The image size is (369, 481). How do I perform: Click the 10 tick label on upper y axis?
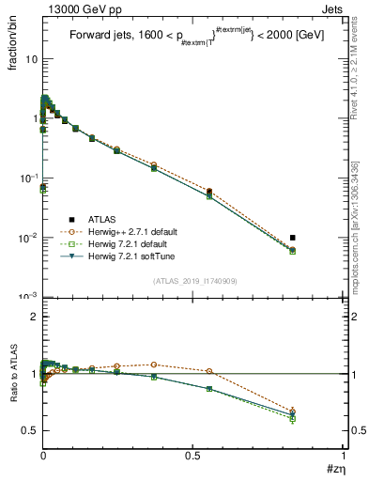31,59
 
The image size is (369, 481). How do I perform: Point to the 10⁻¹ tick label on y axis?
29,178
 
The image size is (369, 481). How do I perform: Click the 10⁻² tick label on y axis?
29,238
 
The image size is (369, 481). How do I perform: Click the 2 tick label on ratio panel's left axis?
34,318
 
